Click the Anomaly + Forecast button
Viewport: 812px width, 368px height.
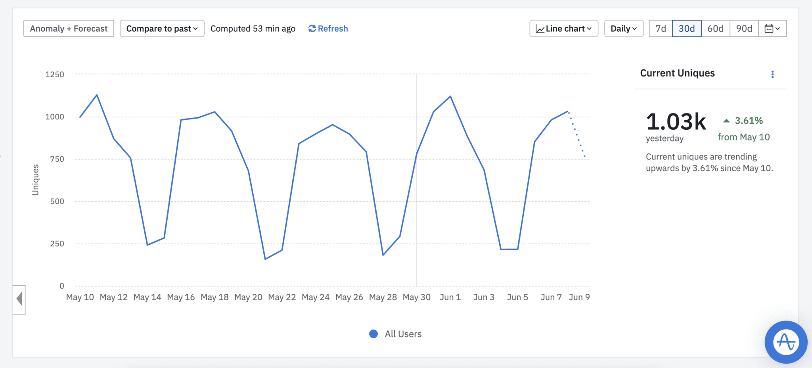(69, 29)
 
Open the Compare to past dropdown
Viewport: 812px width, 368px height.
(162, 29)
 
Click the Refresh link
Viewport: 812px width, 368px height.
(328, 29)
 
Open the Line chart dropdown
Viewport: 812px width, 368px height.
(563, 29)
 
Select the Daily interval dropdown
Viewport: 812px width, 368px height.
(624, 29)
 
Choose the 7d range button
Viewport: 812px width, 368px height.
(661, 29)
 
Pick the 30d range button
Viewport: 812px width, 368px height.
(687, 29)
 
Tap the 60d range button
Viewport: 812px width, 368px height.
(715, 29)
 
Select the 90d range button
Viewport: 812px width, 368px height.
(744, 29)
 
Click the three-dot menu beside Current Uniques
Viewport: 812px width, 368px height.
(772, 74)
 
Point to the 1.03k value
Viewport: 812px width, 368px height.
(676, 121)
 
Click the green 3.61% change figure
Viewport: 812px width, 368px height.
(748, 121)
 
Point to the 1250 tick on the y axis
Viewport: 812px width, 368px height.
(55, 75)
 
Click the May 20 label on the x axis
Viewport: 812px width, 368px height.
(248, 297)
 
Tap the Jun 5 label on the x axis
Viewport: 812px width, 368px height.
(517, 297)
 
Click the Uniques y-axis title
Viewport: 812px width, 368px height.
(35, 180)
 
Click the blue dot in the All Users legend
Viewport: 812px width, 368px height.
(373, 334)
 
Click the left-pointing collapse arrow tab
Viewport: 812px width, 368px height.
(19, 299)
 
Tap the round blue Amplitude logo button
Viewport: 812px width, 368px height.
(786, 342)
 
